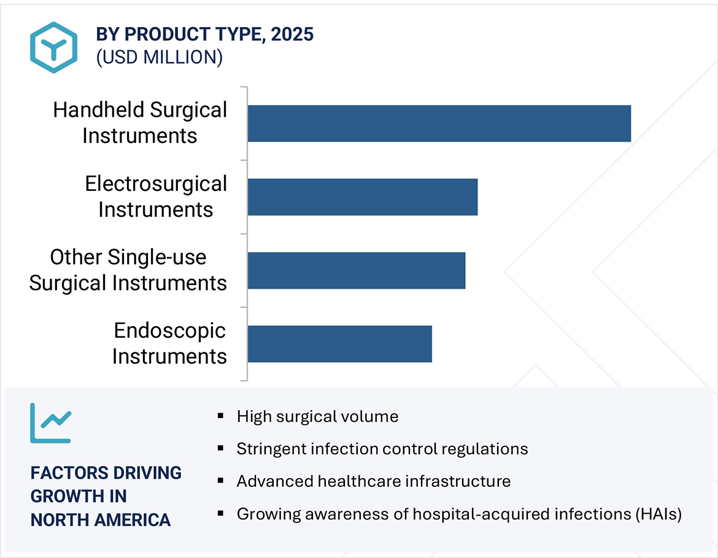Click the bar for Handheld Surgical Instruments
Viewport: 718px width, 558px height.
[439, 123]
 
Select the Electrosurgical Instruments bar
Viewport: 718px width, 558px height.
[362, 197]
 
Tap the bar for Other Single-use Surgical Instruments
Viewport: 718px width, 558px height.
[356, 271]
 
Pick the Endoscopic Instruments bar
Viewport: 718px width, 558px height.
[339, 344]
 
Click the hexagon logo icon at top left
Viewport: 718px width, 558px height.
[53, 48]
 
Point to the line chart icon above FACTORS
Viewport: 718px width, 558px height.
[50, 423]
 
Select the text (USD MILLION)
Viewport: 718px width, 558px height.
[159, 57]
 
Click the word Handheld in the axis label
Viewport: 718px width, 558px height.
[98, 110]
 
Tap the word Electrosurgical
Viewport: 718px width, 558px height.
[156, 184]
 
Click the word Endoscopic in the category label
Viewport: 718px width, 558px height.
[170, 331]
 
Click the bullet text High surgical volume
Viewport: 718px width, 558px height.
[317, 417]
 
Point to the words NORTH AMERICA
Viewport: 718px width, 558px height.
[101, 520]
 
